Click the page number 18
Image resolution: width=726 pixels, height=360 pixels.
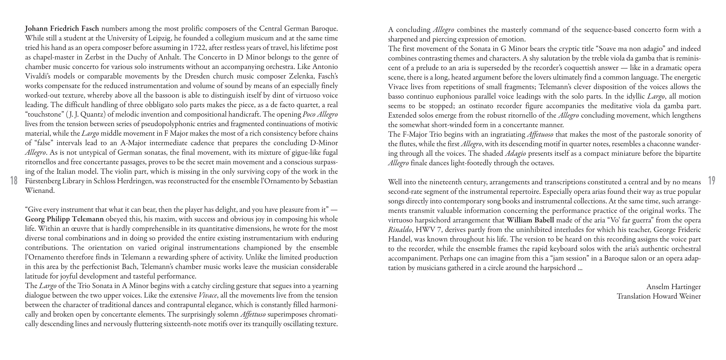coord(14,180)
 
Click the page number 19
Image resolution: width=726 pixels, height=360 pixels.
coord(712,180)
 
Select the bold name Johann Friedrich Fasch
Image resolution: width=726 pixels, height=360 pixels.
coord(62,28)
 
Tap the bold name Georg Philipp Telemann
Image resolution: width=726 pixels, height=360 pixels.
coord(64,219)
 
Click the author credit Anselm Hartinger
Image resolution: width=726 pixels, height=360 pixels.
coord(673,287)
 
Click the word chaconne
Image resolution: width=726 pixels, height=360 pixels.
coord(659,144)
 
